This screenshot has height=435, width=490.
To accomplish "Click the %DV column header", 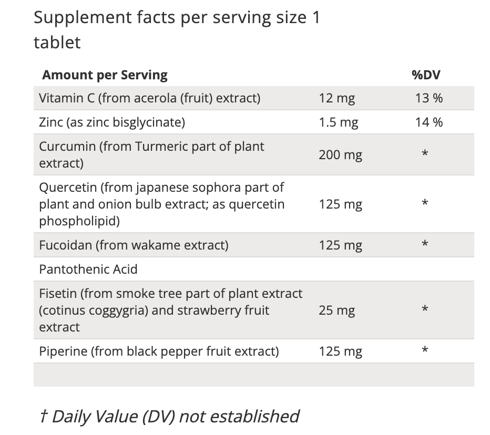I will [x=426, y=75].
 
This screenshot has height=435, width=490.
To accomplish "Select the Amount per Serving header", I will [x=105, y=75].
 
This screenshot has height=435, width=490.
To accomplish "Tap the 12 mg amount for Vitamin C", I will [x=336, y=98].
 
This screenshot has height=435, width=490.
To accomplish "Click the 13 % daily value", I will [x=429, y=98].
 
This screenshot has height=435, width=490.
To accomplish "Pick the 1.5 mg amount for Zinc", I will [x=339, y=122].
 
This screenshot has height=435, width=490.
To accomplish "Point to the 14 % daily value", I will [x=429, y=122].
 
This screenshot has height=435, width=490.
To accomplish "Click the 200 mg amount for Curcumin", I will [x=340, y=155].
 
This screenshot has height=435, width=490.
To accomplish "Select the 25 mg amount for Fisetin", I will [x=336, y=310].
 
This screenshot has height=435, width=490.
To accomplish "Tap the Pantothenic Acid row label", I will [x=88, y=270].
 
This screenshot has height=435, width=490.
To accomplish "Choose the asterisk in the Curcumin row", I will [x=425, y=154].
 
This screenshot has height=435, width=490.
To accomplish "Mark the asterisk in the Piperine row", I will [x=425, y=350].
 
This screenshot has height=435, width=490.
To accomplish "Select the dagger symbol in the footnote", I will [x=43, y=416].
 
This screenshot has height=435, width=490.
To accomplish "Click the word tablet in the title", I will [x=57, y=42].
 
